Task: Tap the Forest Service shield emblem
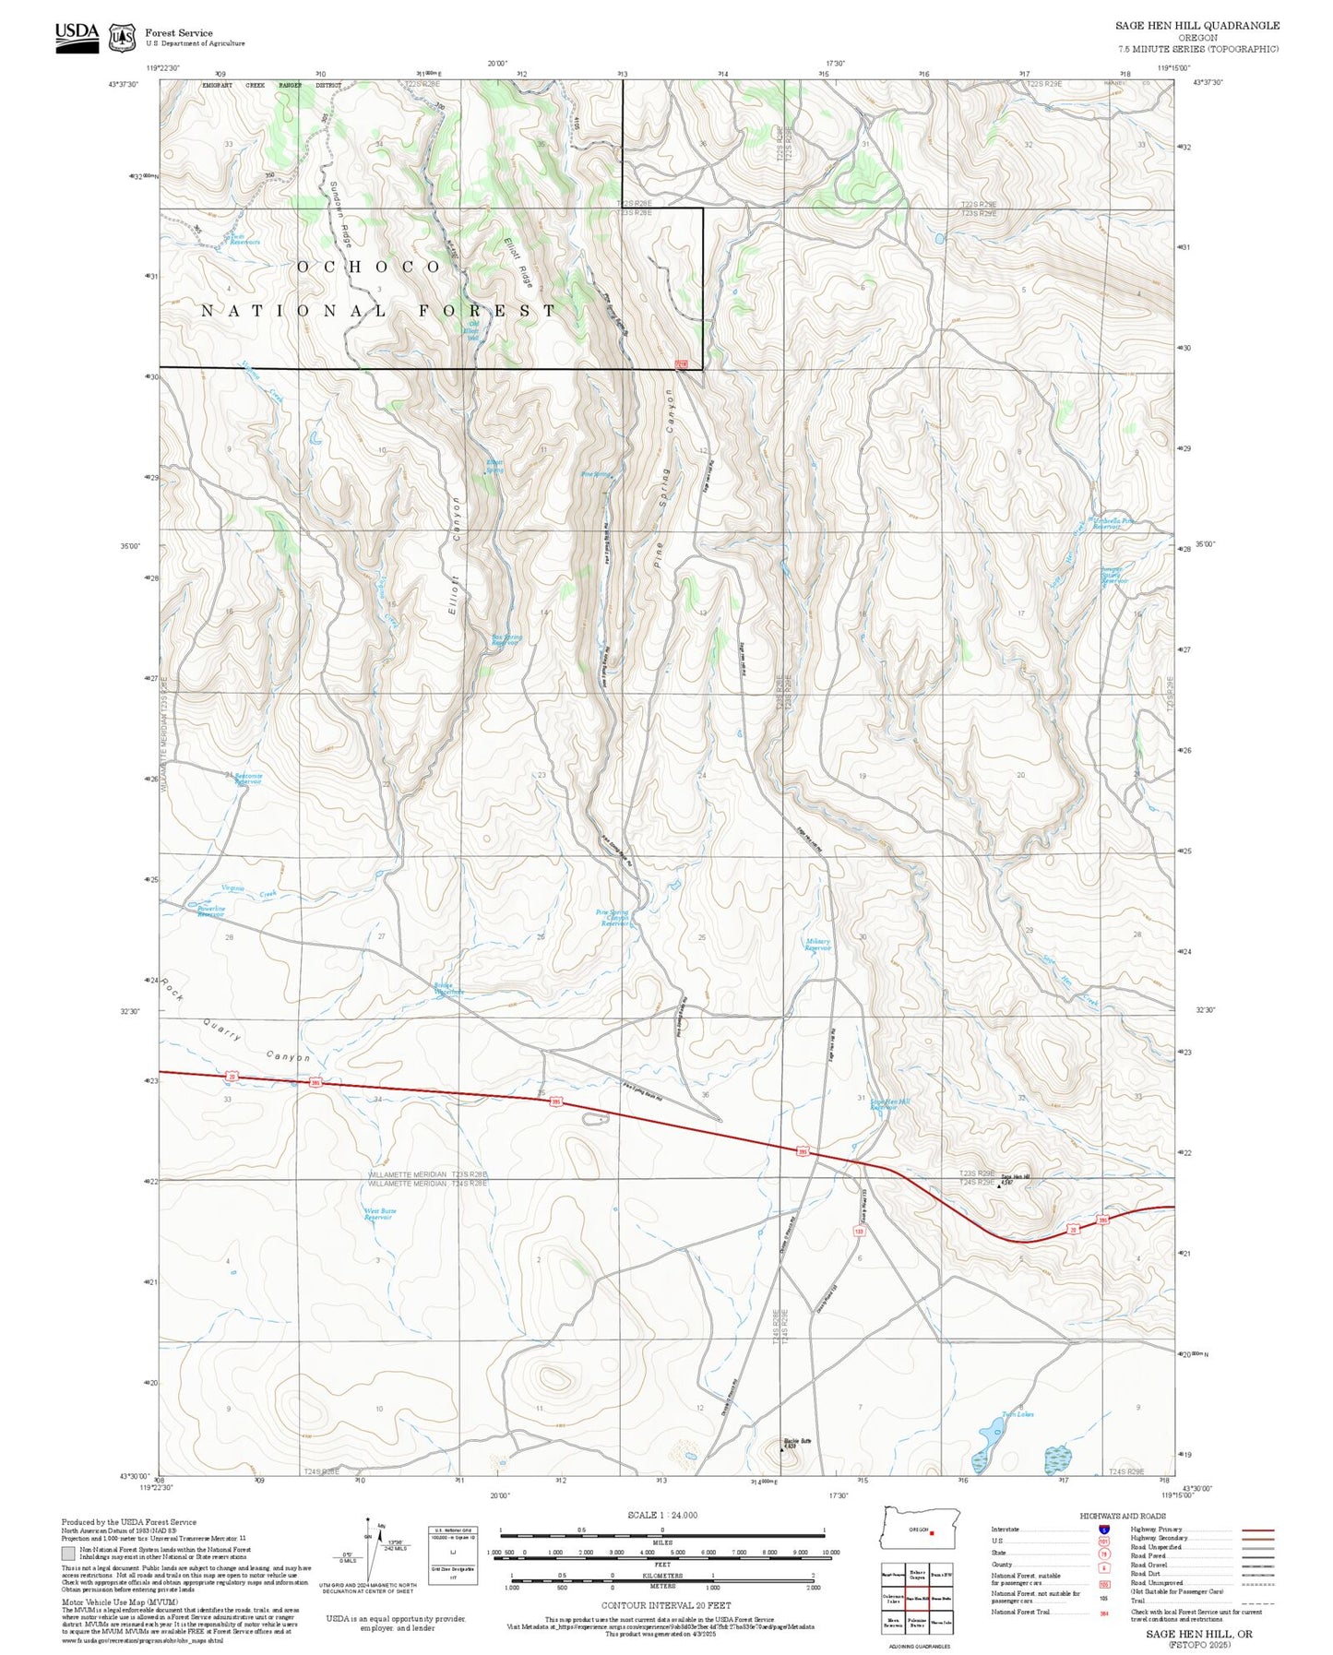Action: click(122, 38)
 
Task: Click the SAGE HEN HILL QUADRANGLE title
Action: click(1196, 26)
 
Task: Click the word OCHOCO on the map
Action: click(369, 267)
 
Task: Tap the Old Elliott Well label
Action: click(473, 330)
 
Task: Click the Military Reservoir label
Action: click(817, 945)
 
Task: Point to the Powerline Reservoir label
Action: click(211, 911)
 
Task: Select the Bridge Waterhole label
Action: click(449, 989)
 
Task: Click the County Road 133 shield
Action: click(858, 1231)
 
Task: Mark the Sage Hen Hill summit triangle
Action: click(999, 1186)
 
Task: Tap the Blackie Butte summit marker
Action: click(782, 1449)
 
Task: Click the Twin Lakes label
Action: click(1018, 1414)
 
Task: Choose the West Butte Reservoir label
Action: click(379, 1214)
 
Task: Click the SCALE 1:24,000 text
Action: click(661, 1515)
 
